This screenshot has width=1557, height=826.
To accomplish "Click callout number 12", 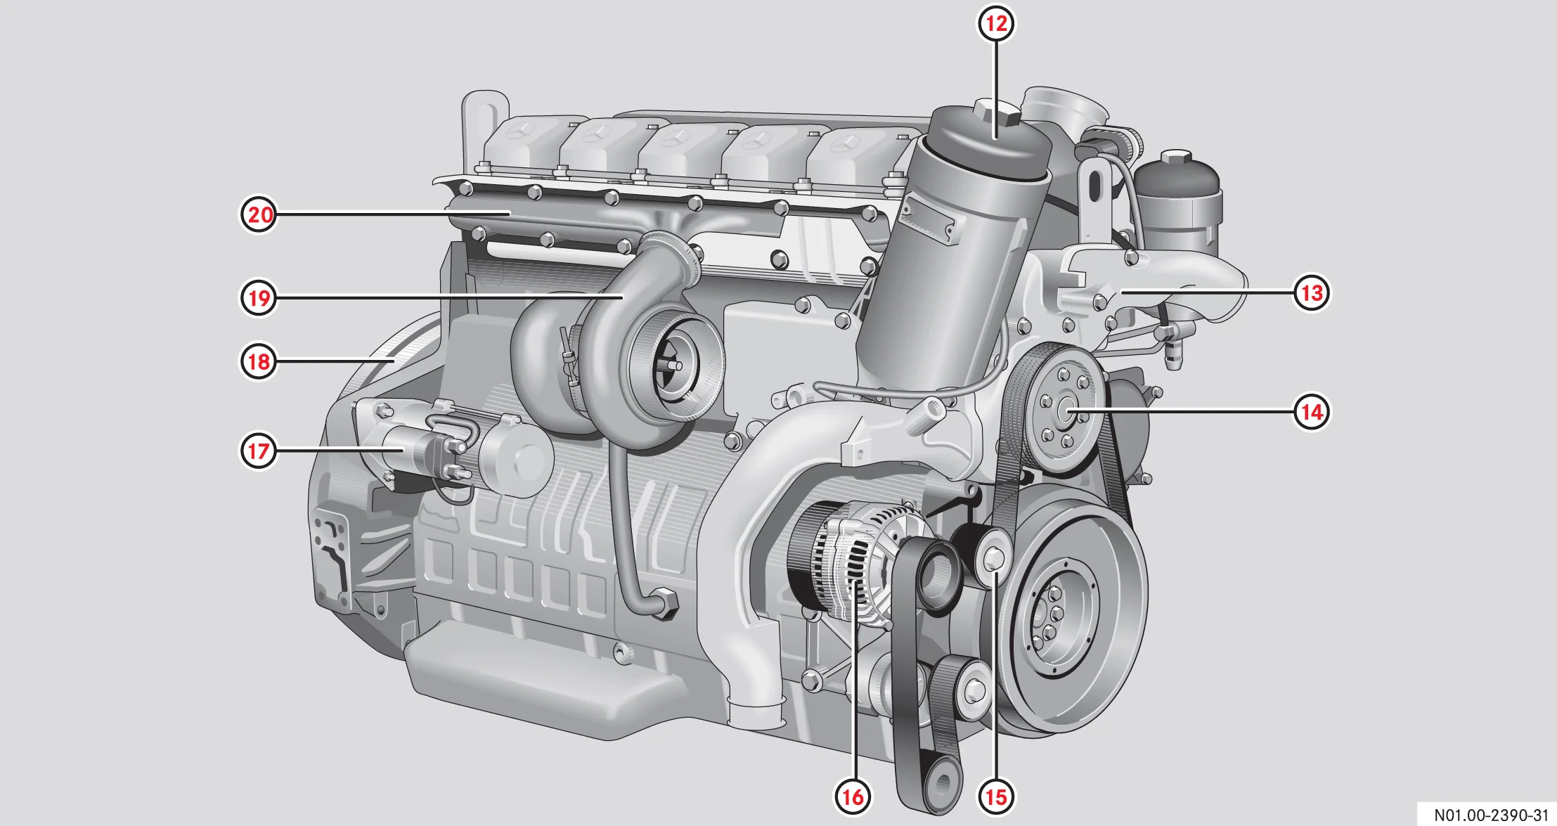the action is [x=996, y=23].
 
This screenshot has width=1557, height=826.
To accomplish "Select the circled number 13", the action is [x=1312, y=292].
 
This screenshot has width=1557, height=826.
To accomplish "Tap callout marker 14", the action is [x=1312, y=411].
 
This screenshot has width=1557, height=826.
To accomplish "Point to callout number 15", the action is [x=995, y=796].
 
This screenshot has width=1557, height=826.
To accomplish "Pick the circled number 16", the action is [x=853, y=796].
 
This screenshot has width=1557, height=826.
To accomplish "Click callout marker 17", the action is [x=259, y=451].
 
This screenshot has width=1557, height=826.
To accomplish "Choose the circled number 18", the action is [x=259, y=361].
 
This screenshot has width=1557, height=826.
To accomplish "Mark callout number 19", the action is [x=259, y=298].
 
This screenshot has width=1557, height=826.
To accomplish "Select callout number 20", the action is [x=259, y=214].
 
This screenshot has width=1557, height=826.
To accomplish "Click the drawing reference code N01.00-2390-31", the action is [x=1491, y=815].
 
